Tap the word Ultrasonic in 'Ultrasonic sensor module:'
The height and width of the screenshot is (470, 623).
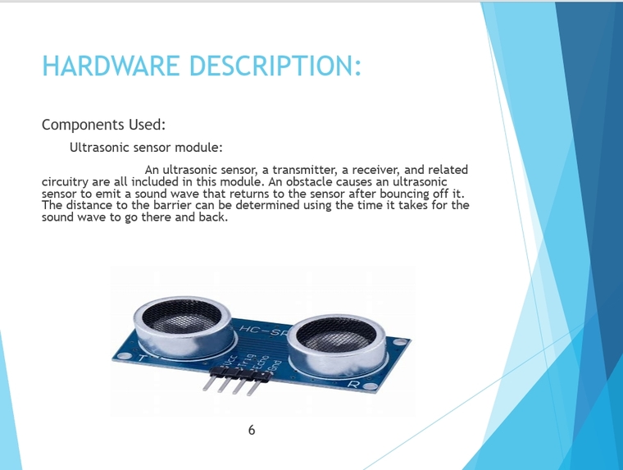(x=99, y=148)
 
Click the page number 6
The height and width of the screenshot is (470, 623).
(x=251, y=430)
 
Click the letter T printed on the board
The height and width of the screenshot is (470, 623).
(x=144, y=358)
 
